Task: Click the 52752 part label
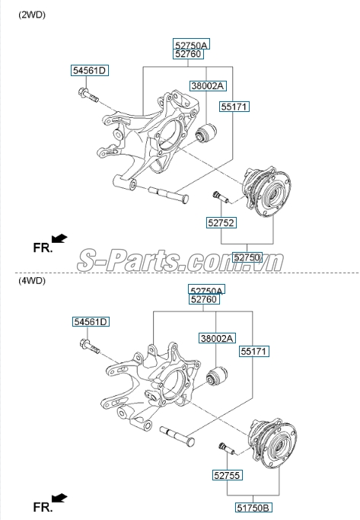point(221,222)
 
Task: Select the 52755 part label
point(227,475)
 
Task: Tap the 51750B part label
point(253,508)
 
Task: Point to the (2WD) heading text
point(32,14)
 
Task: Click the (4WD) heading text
point(32,281)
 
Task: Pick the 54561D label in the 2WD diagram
point(90,70)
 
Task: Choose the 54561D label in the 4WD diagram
point(91,322)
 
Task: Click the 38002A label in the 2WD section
point(208,86)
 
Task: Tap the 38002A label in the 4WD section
point(217,338)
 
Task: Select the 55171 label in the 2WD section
point(234,107)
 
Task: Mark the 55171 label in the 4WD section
point(254,351)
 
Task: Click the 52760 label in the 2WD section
point(188,54)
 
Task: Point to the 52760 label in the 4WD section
point(204,299)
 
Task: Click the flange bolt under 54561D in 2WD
point(88,94)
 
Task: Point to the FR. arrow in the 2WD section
point(59,238)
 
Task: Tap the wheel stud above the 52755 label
point(227,448)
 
